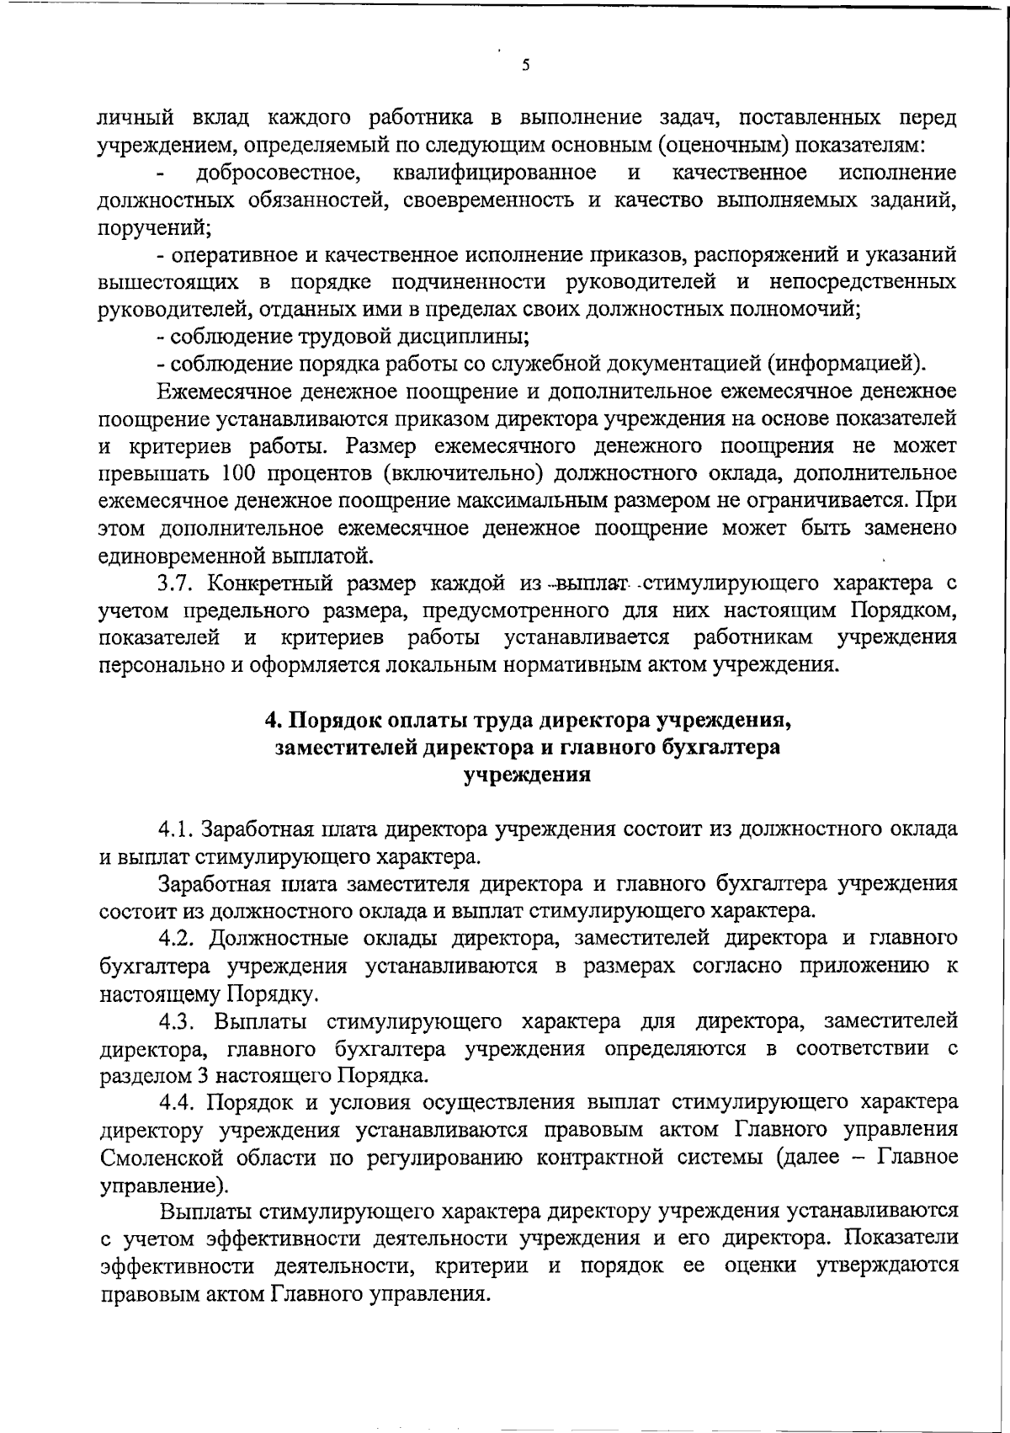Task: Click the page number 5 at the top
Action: coord(525,66)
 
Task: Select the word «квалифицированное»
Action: coord(495,173)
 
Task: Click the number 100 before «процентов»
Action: coord(244,472)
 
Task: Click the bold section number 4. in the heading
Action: coord(272,721)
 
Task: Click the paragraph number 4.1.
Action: coord(176,828)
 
